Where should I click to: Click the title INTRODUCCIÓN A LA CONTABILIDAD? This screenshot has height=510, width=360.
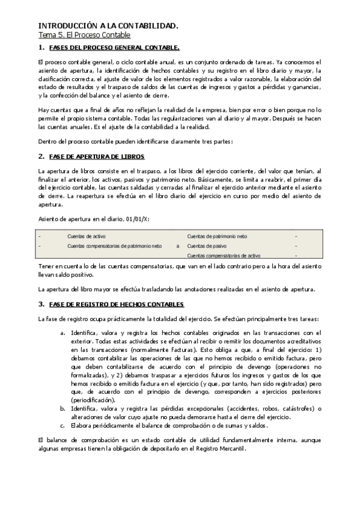click(108, 26)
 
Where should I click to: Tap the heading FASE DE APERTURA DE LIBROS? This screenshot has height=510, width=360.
click(97, 156)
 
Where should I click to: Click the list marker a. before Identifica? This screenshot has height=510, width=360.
click(63, 332)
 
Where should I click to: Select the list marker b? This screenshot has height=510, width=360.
click(63, 409)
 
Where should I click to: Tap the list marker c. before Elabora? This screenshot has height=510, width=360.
click(63, 426)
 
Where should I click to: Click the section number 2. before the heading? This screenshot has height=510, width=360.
click(41, 156)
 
